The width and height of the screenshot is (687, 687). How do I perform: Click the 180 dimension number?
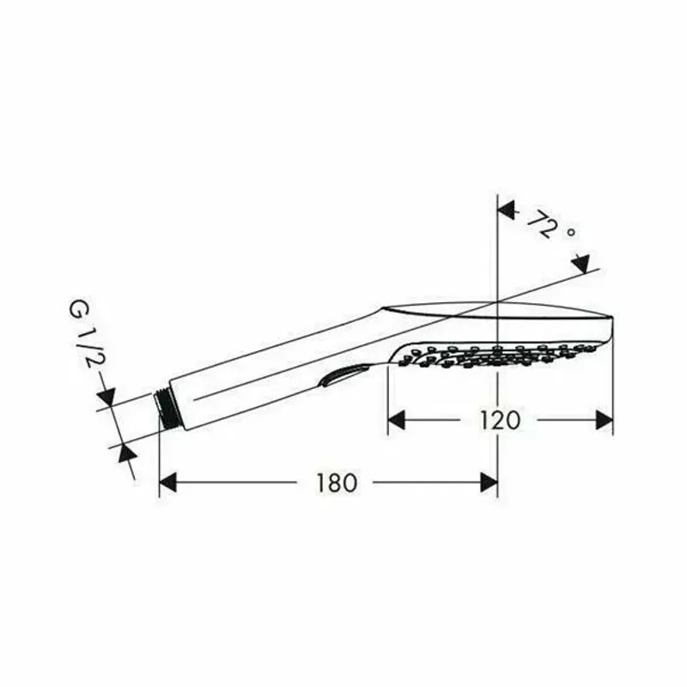[x=336, y=483]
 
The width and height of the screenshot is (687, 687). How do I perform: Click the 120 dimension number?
[x=501, y=420]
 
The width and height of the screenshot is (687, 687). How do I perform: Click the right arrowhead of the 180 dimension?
[x=489, y=483]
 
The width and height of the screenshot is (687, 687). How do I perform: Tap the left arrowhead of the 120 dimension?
[x=396, y=420]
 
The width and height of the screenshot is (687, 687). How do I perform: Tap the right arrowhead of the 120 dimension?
[x=605, y=420]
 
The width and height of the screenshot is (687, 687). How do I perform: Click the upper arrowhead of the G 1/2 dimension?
[x=106, y=397]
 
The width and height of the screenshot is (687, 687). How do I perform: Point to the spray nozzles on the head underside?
[x=498, y=352]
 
